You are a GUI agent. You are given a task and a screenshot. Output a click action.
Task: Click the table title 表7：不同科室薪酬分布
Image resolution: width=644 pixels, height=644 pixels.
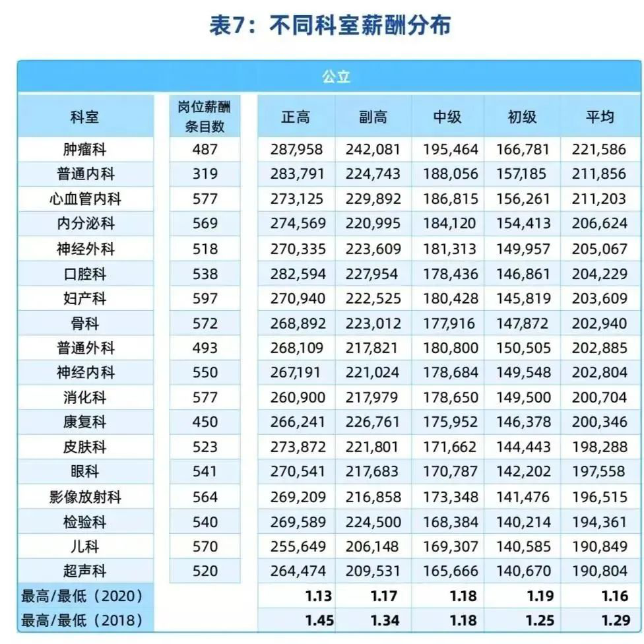[330, 26]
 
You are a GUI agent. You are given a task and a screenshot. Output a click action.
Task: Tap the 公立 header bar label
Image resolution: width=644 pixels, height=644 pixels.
[336, 77]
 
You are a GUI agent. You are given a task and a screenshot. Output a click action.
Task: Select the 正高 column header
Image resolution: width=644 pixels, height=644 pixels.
[296, 117]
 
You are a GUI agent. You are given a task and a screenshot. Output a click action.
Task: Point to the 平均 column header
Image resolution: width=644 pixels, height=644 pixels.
[600, 117]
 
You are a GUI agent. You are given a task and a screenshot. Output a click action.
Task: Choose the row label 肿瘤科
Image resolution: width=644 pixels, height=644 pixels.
[85, 150]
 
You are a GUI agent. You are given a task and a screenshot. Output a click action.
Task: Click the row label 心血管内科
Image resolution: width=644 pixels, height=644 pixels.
[85, 199]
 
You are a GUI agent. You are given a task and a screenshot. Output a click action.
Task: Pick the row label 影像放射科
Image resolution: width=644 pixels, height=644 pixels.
[85, 497]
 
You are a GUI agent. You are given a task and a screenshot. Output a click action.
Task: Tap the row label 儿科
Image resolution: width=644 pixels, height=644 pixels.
[85, 546]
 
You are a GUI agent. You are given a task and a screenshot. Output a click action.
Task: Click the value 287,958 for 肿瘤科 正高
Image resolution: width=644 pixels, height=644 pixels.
[297, 150]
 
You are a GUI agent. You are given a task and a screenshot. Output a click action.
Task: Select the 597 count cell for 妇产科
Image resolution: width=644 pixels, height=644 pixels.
[205, 298]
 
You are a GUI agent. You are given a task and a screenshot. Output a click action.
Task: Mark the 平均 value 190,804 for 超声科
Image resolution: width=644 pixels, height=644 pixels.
[600, 571]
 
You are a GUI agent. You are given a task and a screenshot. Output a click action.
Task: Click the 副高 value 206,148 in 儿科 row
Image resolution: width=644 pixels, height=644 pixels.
[373, 546]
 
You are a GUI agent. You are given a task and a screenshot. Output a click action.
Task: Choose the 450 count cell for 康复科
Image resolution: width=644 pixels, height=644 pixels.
[205, 422]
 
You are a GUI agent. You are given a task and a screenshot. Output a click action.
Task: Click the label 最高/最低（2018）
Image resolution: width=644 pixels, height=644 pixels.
[82, 621]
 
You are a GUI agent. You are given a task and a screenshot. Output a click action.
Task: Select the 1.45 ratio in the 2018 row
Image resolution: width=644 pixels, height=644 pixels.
[319, 621]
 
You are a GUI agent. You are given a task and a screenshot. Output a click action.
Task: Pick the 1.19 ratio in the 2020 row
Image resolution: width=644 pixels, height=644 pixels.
[540, 596]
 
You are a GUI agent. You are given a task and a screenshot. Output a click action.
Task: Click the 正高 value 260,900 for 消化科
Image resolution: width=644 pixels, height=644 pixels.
[297, 398]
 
